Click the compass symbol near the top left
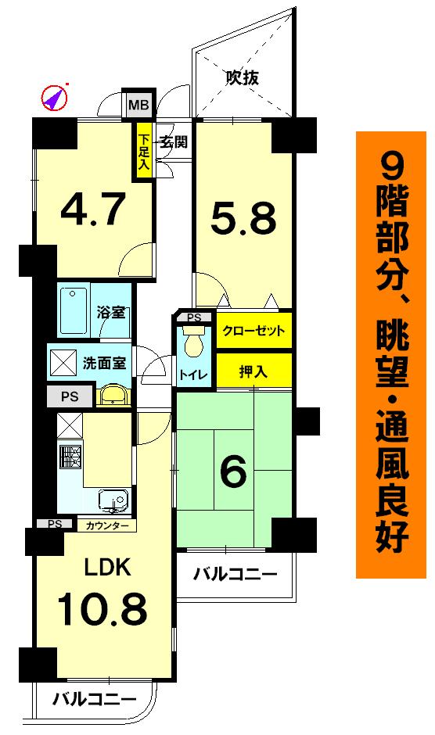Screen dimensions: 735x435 (x=55, y=98)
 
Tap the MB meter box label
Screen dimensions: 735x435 (x=138, y=103)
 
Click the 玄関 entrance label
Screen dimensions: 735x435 (x=173, y=142)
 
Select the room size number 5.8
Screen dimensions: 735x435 (x=243, y=220)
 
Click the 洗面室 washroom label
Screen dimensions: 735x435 (x=104, y=363)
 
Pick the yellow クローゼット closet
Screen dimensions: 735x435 (x=254, y=331)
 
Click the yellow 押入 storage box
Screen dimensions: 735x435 (x=253, y=371)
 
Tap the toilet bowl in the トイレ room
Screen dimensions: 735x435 (x=192, y=341)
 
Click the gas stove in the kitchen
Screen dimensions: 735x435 (x=70, y=456)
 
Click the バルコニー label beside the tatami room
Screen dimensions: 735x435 (x=235, y=576)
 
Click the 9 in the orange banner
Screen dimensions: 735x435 (x=395, y=167)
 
